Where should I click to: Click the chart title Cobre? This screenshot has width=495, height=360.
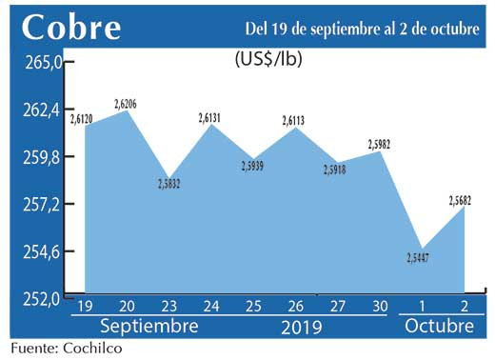coord(71,27)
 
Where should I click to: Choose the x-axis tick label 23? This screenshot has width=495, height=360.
coord(168,307)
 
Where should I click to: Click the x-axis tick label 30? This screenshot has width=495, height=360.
coord(379,307)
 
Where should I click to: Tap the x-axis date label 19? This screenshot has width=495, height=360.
coord(84,307)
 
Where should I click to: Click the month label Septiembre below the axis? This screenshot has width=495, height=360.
coord(148,327)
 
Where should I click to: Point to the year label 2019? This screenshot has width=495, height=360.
coord(303,328)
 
